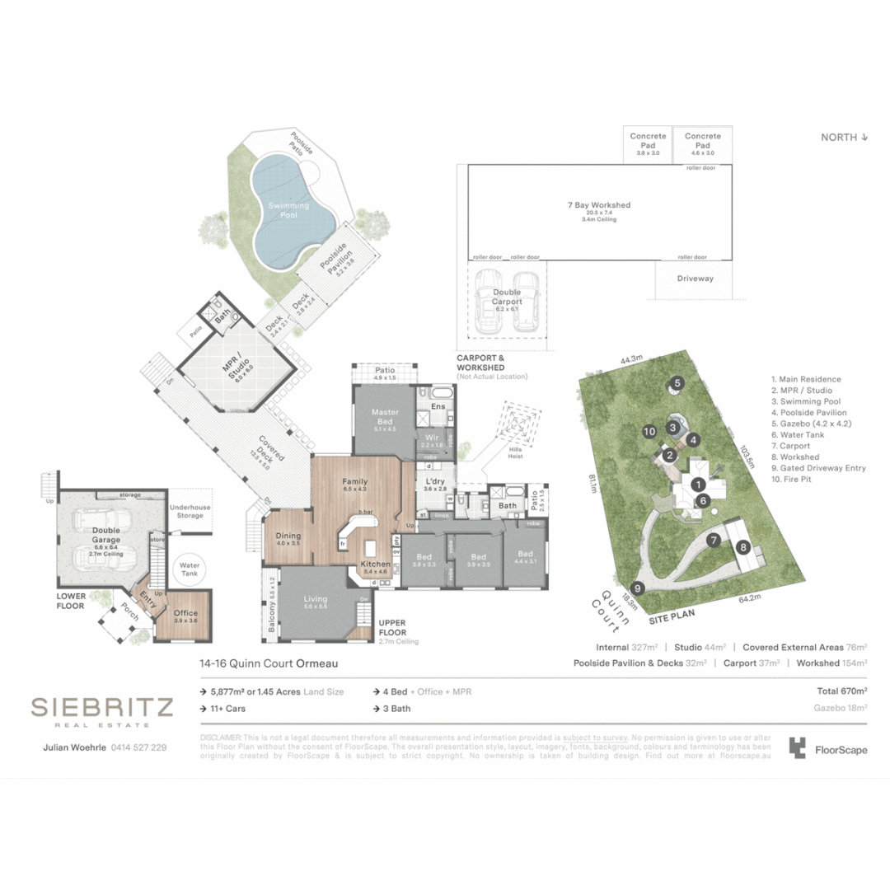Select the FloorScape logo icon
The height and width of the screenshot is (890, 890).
click(797, 747)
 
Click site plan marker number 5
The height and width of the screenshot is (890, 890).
click(677, 382)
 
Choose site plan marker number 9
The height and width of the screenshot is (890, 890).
click(637, 588)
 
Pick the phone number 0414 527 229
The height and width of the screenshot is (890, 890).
click(133, 747)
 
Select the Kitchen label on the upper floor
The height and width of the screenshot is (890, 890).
click(376, 564)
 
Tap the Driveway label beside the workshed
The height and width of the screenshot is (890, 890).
click(696, 279)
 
